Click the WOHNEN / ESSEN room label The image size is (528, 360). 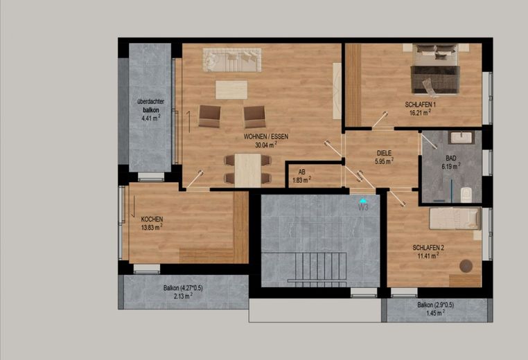(266, 137)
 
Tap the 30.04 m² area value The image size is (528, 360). (266, 145)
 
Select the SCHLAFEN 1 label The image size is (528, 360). (420, 105)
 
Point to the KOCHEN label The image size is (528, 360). (152, 219)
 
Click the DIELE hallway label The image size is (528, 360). (384, 153)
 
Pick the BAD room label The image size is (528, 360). (451, 158)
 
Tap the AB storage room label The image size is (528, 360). (301, 172)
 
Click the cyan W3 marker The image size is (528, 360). (363, 206)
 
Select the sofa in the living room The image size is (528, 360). (232, 60)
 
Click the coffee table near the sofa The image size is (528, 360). (231, 89)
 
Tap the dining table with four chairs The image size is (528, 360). (248, 170)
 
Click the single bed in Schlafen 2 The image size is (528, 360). (455, 219)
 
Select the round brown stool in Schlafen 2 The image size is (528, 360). (466, 266)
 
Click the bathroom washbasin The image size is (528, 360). (461, 137)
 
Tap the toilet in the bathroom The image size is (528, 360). (466, 195)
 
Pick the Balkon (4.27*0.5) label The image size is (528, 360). (183, 288)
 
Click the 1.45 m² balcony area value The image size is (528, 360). (435, 313)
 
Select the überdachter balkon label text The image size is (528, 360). (151, 106)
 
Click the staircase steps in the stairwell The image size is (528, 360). (317, 268)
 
